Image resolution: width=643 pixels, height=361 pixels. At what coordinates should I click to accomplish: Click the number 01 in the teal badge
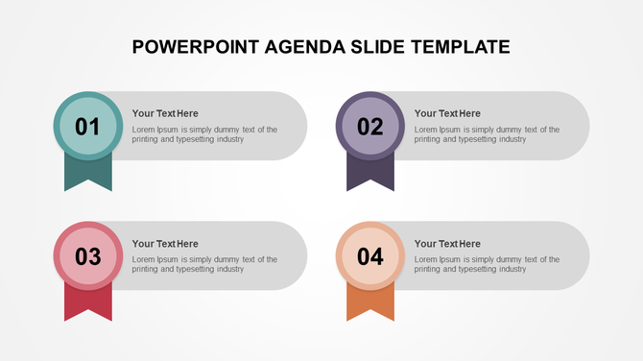(x=87, y=126)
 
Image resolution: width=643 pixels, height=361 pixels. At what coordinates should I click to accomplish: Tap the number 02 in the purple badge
(x=369, y=126)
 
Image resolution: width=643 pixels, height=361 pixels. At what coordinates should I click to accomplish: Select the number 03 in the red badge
(x=87, y=256)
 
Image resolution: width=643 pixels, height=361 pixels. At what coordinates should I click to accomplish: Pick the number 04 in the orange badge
(x=369, y=256)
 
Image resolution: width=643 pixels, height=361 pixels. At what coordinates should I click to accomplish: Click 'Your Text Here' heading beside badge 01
(x=165, y=113)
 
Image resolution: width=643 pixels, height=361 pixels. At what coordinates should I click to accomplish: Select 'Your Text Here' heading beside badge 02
(x=447, y=113)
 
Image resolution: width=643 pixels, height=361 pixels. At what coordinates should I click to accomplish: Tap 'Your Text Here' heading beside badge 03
(x=165, y=244)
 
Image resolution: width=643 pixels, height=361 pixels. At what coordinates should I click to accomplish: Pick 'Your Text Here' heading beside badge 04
(x=447, y=244)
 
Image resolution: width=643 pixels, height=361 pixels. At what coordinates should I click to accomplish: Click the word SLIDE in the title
(x=369, y=46)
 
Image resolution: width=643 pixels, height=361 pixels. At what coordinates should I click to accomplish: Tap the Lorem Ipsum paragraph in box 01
(x=204, y=134)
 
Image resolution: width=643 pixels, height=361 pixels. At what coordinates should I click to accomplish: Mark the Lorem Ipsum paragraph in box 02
(x=487, y=134)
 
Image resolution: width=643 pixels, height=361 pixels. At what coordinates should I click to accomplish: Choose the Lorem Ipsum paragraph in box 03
(x=204, y=264)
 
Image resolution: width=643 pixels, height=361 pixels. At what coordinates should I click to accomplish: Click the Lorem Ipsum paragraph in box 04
(x=487, y=264)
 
